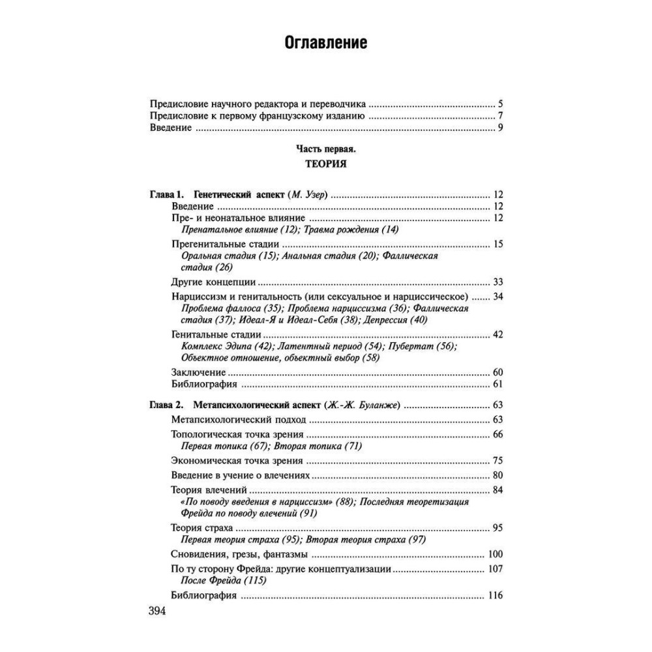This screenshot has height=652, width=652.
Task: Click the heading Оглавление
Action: [x=325, y=44]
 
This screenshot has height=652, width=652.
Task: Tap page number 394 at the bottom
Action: [x=158, y=611]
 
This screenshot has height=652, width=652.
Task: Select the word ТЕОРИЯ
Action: [x=325, y=164]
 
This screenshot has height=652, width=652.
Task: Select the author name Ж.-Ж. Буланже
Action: [x=362, y=405]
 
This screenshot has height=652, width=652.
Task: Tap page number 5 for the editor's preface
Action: [x=499, y=104]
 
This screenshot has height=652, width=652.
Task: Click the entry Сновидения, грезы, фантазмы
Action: [x=239, y=555]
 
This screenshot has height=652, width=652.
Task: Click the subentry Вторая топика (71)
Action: [x=317, y=446]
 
